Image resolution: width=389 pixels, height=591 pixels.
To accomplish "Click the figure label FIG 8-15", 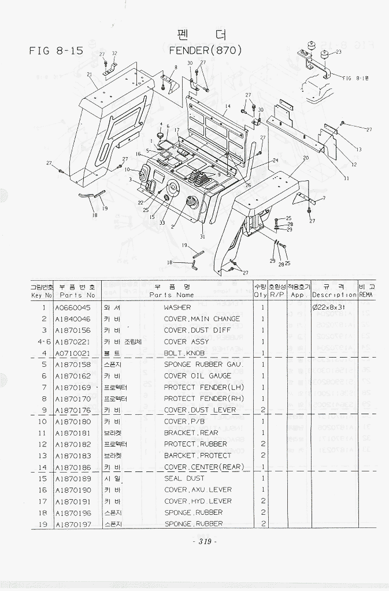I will [56, 51].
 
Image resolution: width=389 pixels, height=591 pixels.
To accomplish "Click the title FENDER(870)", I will [205, 50].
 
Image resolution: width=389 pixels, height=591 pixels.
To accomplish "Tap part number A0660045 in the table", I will [73, 307].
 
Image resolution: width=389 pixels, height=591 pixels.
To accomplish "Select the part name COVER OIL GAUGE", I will [198, 376].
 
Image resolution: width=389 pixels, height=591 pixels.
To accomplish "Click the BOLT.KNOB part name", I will [182, 353].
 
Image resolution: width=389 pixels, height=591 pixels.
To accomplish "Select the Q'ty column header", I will [261, 295].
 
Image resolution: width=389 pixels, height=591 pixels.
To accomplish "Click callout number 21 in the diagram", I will [90, 75].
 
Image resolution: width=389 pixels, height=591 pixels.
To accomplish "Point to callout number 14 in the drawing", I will [228, 107].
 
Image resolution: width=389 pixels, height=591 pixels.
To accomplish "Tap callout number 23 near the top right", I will [339, 52].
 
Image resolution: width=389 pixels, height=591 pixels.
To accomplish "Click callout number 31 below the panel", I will [202, 236].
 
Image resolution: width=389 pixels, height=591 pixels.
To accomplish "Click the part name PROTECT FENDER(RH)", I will [203, 399].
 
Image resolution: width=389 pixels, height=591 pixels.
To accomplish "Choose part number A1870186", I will [73, 467].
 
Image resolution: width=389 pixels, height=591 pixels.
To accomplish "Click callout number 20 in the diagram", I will [306, 157].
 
